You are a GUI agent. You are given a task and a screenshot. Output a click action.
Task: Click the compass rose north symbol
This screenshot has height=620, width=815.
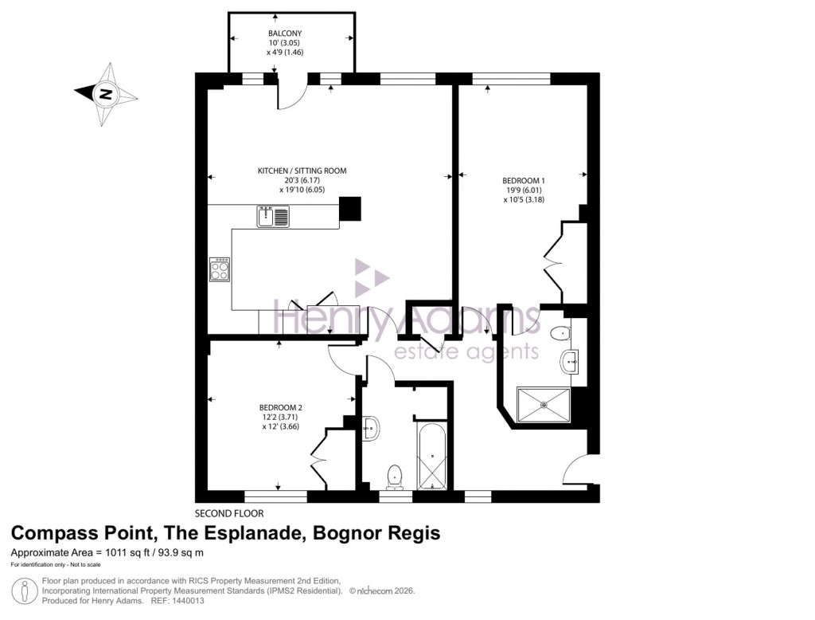(x=105, y=95)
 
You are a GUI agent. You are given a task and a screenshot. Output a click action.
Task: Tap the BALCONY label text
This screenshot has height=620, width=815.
(x=285, y=33)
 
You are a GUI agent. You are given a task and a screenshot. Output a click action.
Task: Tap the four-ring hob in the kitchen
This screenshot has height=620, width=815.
(x=219, y=269)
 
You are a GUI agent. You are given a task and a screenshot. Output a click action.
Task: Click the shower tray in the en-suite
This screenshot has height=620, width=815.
(x=544, y=406)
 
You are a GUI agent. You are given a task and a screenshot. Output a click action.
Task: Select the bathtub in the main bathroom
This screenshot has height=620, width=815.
(x=432, y=457)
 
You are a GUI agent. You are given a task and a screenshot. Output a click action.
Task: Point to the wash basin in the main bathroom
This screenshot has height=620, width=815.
(x=370, y=428)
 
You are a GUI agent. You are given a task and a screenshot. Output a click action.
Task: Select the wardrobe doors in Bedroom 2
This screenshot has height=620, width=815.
(x=320, y=460)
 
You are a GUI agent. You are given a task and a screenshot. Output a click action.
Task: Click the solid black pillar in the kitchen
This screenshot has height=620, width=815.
(x=349, y=209)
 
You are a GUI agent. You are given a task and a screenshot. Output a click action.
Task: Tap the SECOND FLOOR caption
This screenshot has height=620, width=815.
(x=229, y=513)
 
